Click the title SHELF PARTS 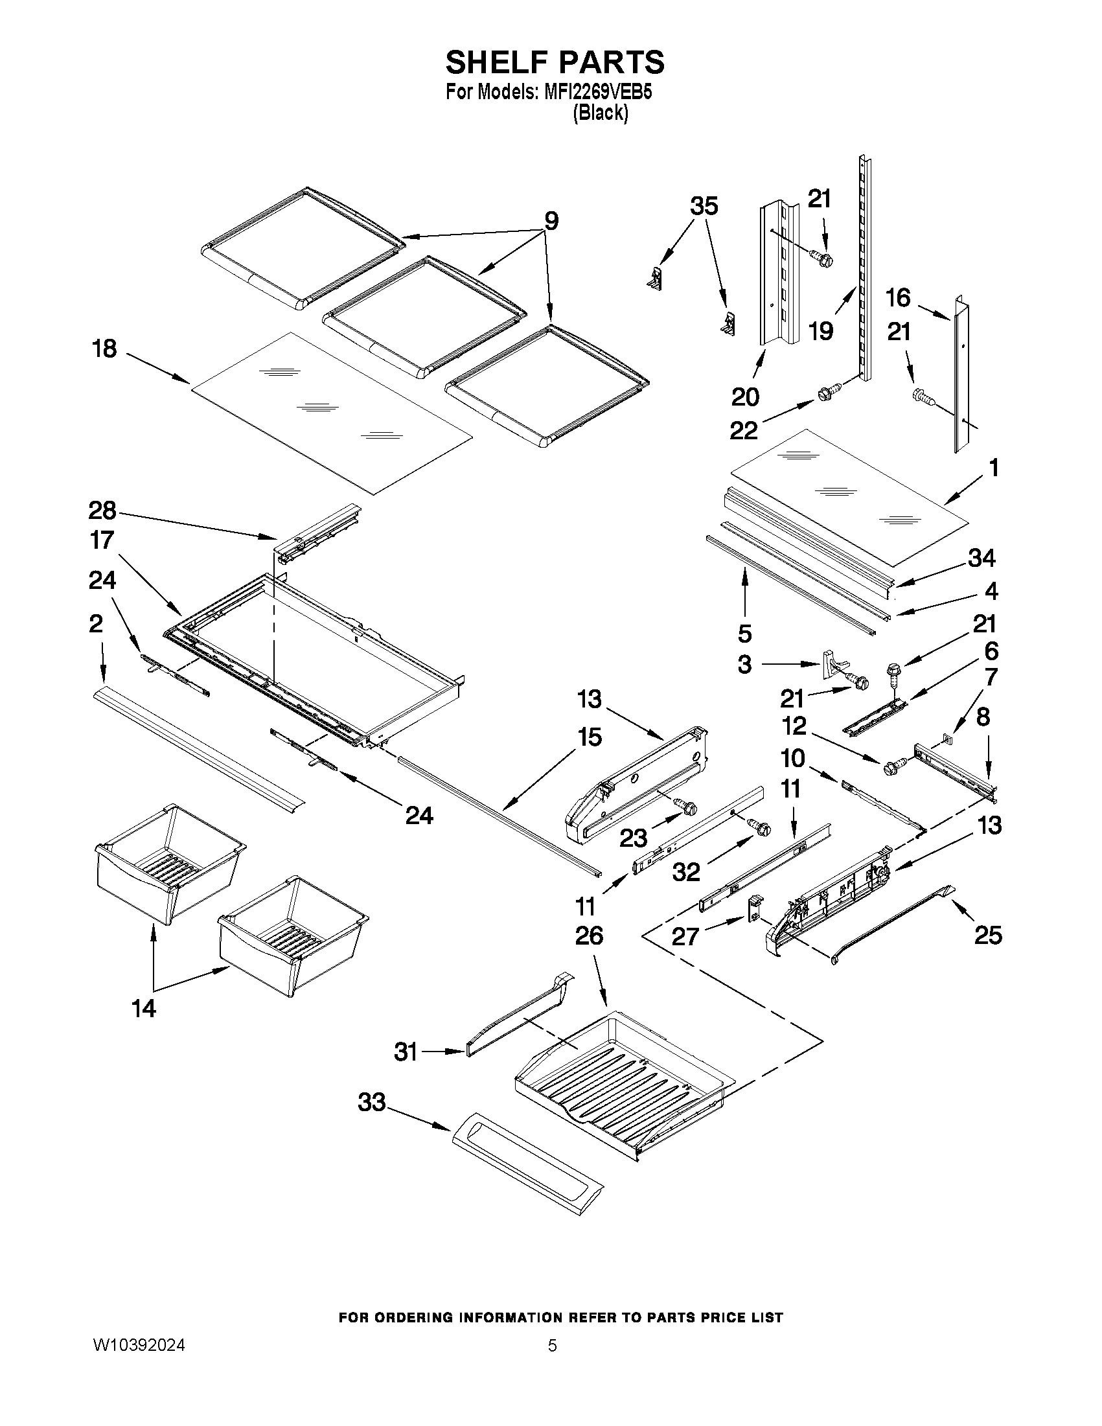pyautogui.click(x=555, y=63)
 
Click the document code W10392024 pyautogui.click(x=139, y=1346)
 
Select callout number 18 pyautogui.click(x=104, y=349)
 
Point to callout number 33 pyautogui.click(x=371, y=1103)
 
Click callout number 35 pyautogui.click(x=704, y=206)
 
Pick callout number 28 pyautogui.click(x=102, y=510)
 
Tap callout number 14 pyautogui.click(x=144, y=1009)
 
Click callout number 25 pyautogui.click(x=987, y=935)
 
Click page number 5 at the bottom pyautogui.click(x=553, y=1346)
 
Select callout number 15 pyautogui.click(x=589, y=737)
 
